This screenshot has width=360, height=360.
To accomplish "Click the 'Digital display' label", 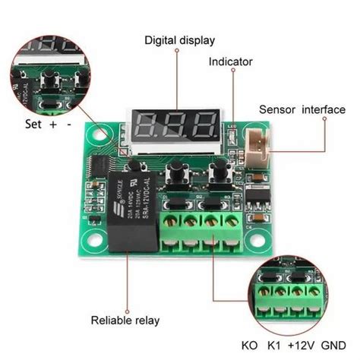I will (x=181, y=39).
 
